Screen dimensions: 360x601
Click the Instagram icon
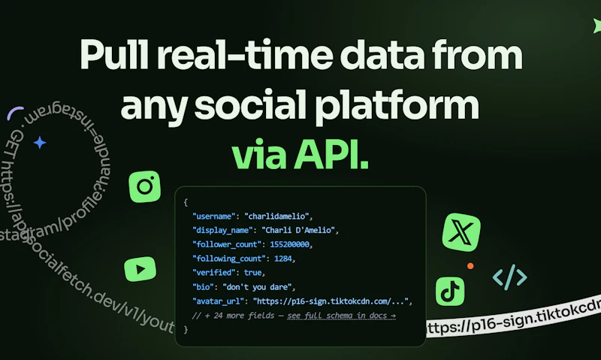tap(145, 186)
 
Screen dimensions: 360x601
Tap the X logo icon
tap(461, 231)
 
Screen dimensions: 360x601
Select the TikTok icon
tap(450, 291)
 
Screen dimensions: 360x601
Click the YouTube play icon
tap(140, 266)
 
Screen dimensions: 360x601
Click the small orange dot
tap(470, 265)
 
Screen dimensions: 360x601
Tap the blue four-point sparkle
tap(40, 142)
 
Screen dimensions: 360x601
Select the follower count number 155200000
tap(287, 244)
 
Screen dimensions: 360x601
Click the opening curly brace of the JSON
tap(186, 202)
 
